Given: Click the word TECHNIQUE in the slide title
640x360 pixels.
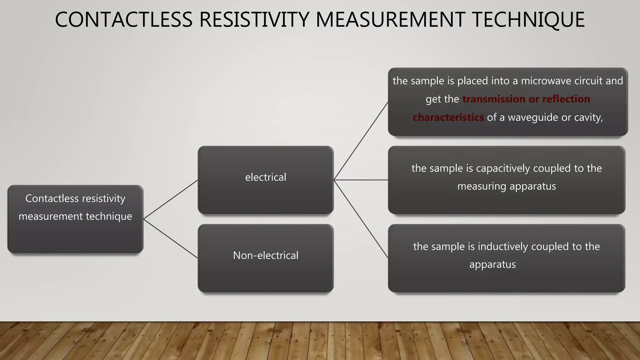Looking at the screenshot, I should click(528, 19).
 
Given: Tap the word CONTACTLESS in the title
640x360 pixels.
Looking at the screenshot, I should click(123, 19).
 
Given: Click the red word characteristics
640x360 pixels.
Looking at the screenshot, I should click(448, 117).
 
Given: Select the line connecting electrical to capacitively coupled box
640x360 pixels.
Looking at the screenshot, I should click(361, 180).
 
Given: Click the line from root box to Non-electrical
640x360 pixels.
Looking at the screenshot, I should click(171, 239).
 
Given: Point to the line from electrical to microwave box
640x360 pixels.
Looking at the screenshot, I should click(361, 141).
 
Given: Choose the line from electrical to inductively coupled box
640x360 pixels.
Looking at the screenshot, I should click(361, 219).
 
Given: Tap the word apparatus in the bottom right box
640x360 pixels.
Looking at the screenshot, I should click(492, 264).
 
